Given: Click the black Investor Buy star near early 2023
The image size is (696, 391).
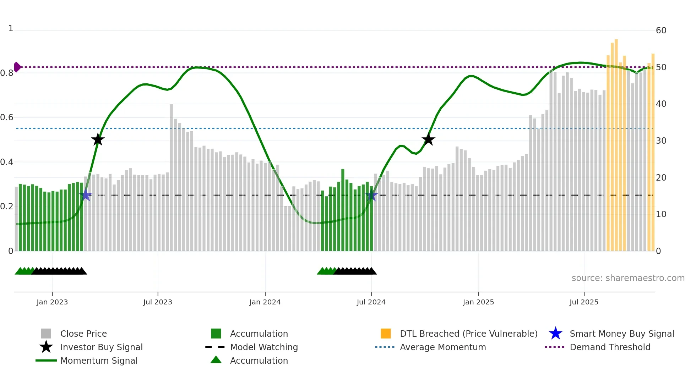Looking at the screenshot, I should (98, 139).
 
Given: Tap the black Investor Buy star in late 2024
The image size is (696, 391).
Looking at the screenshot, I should (428, 139).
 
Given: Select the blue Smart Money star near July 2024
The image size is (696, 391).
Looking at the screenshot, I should (371, 195).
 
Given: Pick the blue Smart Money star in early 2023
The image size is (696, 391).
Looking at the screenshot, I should (86, 195).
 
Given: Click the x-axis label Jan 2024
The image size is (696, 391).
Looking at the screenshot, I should (265, 302).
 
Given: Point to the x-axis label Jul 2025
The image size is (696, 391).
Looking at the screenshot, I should (584, 302).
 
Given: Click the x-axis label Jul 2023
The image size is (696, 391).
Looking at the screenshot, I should (158, 302).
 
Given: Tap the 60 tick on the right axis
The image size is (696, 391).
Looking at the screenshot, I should (661, 31).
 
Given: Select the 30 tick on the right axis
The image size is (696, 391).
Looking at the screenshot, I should (661, 141).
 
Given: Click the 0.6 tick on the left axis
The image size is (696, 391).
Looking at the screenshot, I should (7, 117).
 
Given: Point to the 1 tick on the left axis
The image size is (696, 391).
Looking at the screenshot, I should (11, 28).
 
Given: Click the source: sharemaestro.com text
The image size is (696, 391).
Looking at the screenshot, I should (628, 278).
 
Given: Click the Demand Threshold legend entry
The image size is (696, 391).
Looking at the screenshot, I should (610, 347).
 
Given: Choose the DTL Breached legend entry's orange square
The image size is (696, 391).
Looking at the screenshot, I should (386, 334).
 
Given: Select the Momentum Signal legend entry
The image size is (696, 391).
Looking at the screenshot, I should (99, 360).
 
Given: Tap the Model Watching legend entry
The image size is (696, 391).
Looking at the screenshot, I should (264, 347).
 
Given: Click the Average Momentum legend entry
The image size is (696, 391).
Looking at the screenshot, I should (443, 347).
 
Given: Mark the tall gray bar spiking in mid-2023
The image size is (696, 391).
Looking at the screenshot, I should (171, 177).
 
